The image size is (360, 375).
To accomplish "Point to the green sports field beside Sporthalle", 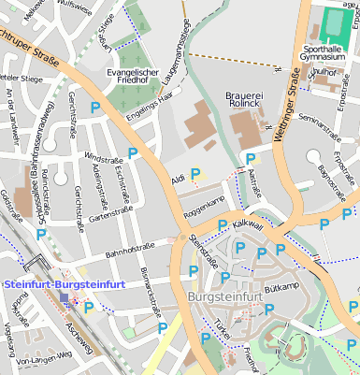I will coord(333,21).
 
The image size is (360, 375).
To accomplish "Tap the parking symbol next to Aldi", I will coord(195,173).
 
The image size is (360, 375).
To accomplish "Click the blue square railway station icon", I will coord(64,298).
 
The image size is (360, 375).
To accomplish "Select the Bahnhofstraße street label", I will coord(129,248).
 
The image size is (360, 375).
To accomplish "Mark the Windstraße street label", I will coord(103,157).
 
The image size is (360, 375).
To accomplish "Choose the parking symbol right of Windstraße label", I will coord(133,151).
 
